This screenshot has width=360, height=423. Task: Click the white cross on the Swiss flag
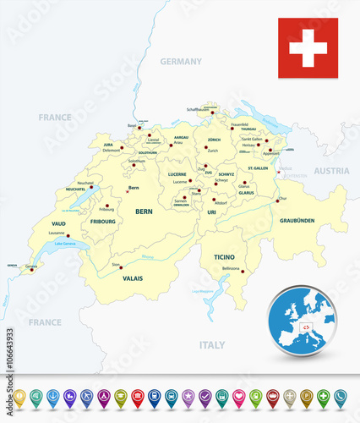click(308, 48)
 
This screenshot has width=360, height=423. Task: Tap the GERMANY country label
click(181, 62)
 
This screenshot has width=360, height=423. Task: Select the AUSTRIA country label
click(331, 171)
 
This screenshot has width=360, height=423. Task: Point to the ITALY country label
click(211, 345)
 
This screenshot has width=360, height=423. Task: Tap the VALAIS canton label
click(131, 277)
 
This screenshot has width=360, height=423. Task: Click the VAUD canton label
click(58, 223)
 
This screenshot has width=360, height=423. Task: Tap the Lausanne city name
click(57, 233)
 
